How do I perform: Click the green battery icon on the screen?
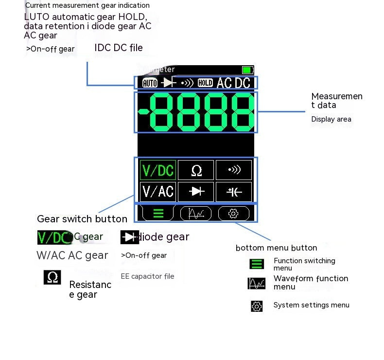(x=247, y=70)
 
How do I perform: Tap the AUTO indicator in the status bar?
(x=150, y=83)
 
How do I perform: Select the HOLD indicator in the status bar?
(x=205, y=83)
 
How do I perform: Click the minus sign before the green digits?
(x=143, y=112)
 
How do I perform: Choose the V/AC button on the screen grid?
(x=157, y=191)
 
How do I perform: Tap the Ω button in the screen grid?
(x=196, y=170)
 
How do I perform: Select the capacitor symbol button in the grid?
(x=234, y=191)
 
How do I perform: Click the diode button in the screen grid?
(x=196, y=191)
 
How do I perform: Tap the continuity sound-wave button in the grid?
(x=234, y=170)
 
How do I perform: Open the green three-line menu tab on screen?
(x=157, y=213)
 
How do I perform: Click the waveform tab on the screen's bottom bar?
(x=195, y=213)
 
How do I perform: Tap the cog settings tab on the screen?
(x=233, y=213)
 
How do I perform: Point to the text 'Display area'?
(x=331, y=119)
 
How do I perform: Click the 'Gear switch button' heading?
(x=82, y=219)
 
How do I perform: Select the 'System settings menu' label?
(x=311, y=305)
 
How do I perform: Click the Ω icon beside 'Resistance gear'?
(x=52, y=277)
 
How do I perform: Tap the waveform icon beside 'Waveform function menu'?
(x=256, y=283)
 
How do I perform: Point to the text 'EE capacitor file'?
(x=147, y=276)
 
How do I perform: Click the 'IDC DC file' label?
(x=119, y=48)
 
